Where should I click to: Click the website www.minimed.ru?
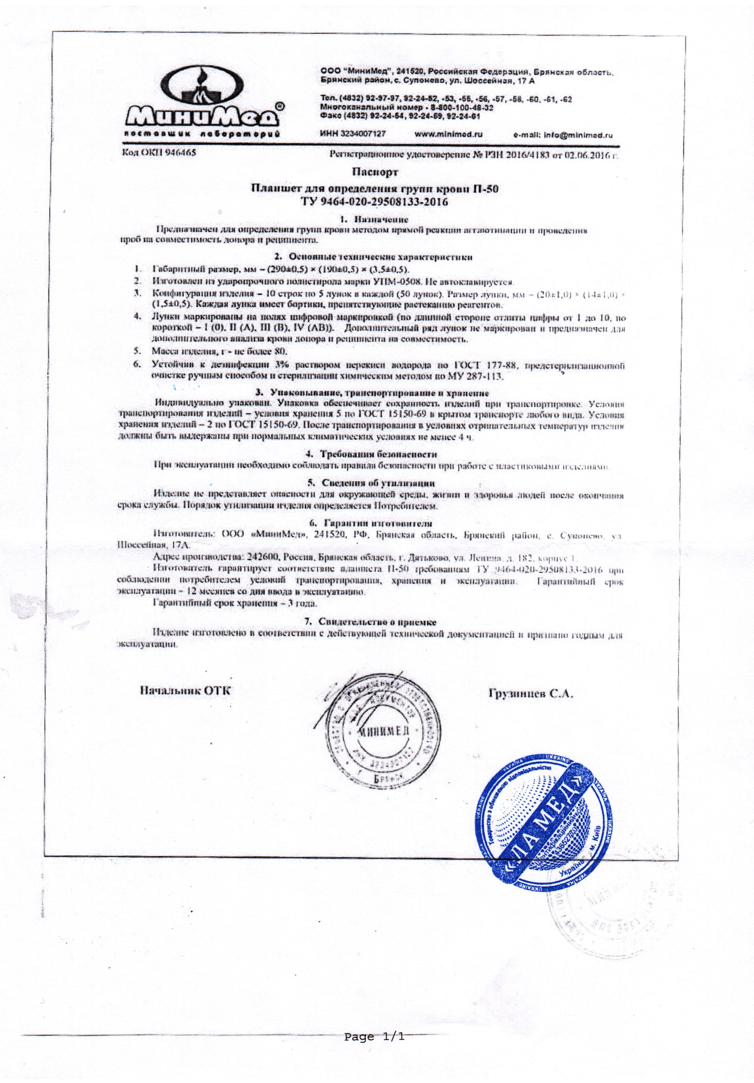[449, 134]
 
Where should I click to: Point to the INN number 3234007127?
[353, 134]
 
